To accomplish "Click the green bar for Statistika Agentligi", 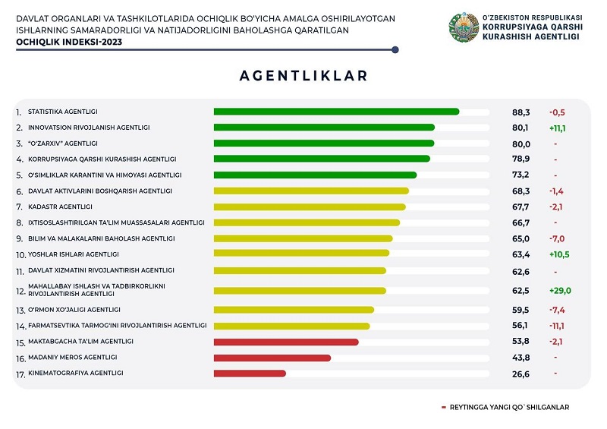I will (x=336, y=112).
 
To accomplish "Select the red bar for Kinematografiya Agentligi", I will (x=250, y=373).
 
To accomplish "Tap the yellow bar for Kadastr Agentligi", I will (x=310, y=207).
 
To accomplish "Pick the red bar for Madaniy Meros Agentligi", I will (x=272, y=357).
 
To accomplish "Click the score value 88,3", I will (x=521, y=112).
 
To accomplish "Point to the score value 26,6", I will (x=521, y=374).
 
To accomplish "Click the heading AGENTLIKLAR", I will (x=303, y=76).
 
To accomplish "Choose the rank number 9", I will (x=19, y=239).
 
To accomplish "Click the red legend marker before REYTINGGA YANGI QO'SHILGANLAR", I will (x=444, y=408).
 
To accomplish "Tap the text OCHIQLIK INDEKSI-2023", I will (x=68, y=43).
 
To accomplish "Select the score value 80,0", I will (x=521, y=144).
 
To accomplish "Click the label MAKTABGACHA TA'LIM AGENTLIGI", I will (x=80, y=341).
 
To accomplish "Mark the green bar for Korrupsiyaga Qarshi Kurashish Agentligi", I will (x=322, y=159).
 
